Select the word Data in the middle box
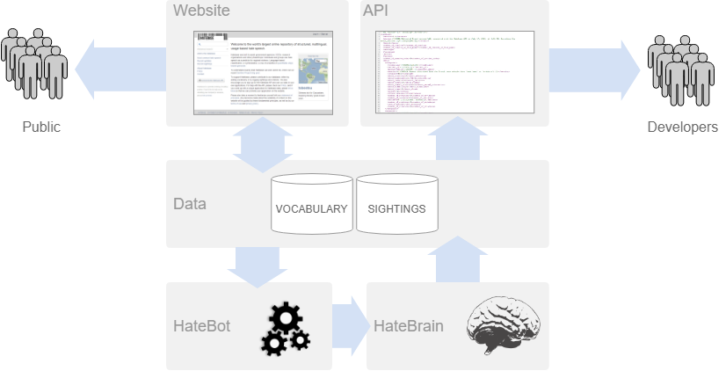(190, 204)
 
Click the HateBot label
(201, 327)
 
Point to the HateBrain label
(408, 327)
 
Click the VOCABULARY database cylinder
(311, 204)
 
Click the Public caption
(41, 127)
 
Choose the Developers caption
(682, 127)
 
